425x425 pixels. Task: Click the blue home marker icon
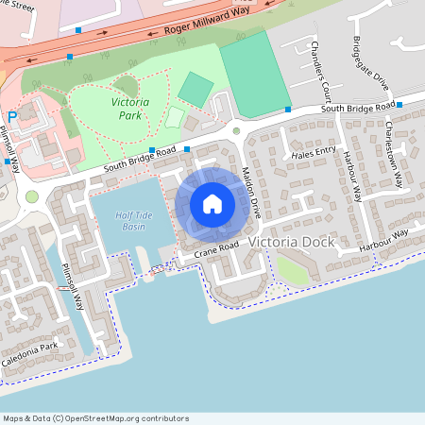[x=212, y=203]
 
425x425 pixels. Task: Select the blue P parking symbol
[x=12, y=117]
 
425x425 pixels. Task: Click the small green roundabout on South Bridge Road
[x=237, y=130]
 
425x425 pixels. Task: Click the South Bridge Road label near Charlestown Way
[x=357, y=108]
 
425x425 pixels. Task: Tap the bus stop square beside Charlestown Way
[x=399, y=104]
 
